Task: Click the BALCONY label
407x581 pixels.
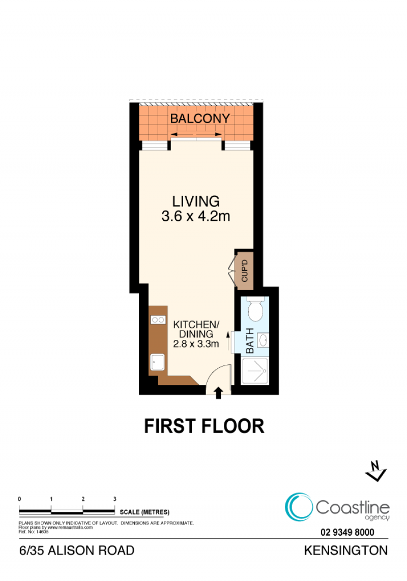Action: pos(200,119)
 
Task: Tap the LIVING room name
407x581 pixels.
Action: pos(196,201)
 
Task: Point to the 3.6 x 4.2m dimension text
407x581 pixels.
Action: pos(196,216)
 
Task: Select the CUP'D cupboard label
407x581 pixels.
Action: pos(245,271)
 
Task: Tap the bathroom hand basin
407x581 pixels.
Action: pos(263,340)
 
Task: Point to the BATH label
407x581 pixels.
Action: pos(250,340)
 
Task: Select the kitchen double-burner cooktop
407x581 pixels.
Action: pos(158,319)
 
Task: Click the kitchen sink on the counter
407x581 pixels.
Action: pos(157,362)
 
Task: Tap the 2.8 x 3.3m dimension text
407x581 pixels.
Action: pos(196,344)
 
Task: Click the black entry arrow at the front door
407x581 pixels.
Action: pos(218,393)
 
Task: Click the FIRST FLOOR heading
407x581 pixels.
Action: pos(204,426)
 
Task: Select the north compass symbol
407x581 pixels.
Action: pos(376,471)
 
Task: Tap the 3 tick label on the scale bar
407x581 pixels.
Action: pos(115,499)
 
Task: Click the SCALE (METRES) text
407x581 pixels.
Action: pos(144,512)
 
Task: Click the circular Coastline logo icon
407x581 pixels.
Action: pos(299,507)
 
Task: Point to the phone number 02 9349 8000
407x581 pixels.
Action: pos(347,533)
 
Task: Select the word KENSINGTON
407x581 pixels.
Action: pos(346,550)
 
